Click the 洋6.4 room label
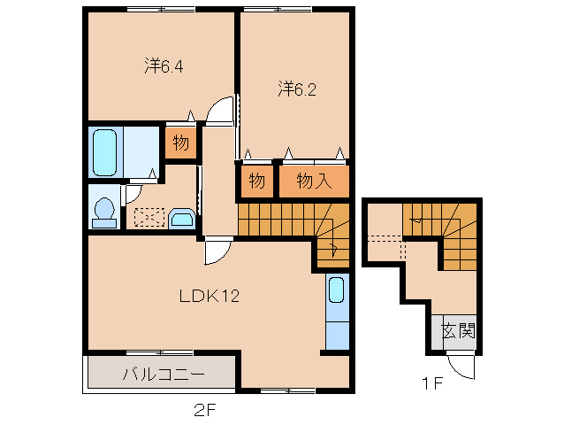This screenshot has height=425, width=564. tap(164, 66)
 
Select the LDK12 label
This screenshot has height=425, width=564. tap(210, 297)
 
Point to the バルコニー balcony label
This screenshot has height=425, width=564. tap(164, 375)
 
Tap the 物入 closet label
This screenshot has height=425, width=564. tap(314, 182)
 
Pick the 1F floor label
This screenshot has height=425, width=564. tap(431, 384)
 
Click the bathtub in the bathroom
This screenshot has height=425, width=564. tap(105, 153)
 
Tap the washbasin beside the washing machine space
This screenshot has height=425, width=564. tap(183, 218)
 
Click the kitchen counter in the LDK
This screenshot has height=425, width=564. tap(337, 312)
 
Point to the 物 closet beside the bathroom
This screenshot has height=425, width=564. tap(180, 143)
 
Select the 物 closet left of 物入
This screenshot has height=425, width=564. tap(256, 182)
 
